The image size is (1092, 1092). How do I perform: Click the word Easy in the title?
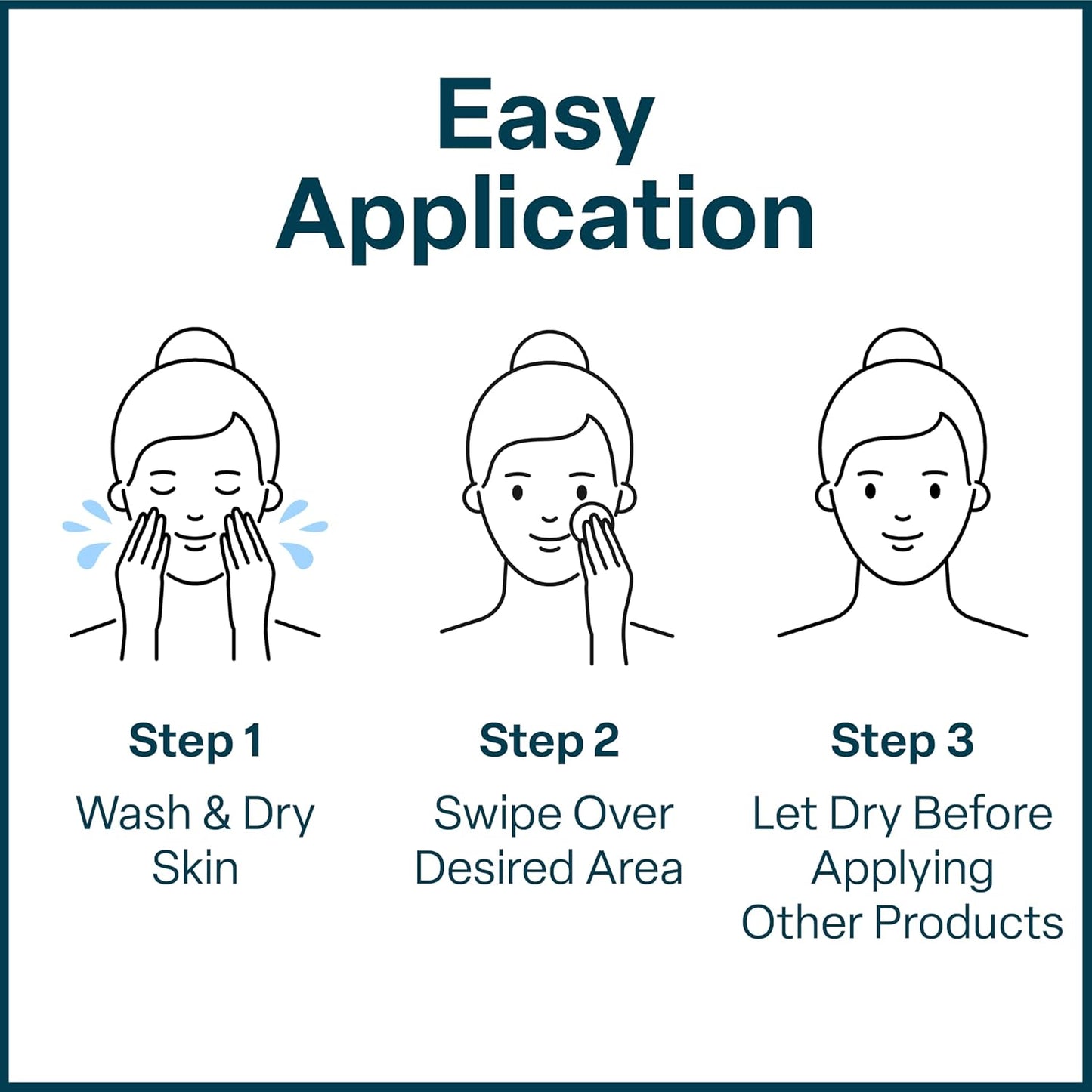pyautogui.click(x=545, y=117)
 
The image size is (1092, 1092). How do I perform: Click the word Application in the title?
pyautogui.click(x=545, y=215)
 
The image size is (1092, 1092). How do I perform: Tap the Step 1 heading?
pyautogui.click(x=195, y=741)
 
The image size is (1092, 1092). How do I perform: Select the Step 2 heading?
pyautogui.click(x=549, y=741)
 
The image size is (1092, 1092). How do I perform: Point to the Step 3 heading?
pyautogui.click(x=902, y=741)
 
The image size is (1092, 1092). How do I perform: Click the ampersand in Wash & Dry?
pyautogui.click(x=216, y=814)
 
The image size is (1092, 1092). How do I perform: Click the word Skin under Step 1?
pyautogui.click(x=195, y=868)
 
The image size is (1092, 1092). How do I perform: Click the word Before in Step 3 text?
pyautogui.click(x=982, y=814)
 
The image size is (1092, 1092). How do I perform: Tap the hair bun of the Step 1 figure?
pyautogui.click(x=195, y=349)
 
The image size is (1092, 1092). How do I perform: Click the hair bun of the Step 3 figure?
pyautogui.click(x=902, y=349)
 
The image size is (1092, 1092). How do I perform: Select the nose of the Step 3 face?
pyautogui.click(x=902, y=517)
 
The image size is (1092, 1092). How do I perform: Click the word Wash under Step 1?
pyautogui.click(x=133, y=814)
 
